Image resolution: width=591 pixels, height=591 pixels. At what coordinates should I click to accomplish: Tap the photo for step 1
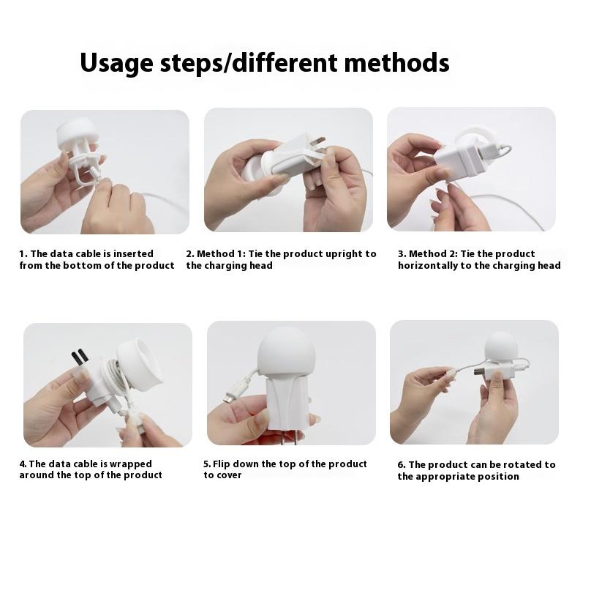coord(105,171)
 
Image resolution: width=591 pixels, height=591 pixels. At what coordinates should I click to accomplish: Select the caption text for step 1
coord(97,260)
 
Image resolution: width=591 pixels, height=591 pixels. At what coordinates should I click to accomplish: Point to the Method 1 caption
coord(282,260)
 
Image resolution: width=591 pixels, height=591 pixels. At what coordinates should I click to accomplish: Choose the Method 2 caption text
coord(479,260)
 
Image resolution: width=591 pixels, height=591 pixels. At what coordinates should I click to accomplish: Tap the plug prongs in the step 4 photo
coord(80,358)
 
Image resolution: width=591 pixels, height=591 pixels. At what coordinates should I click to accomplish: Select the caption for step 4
coord(91,469)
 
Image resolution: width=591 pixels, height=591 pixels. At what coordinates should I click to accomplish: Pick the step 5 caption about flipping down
coord(285,469)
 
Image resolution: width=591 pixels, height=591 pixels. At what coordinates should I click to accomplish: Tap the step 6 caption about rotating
coord(476,470)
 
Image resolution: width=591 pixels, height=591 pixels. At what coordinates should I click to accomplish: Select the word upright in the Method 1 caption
coord(343,254)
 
